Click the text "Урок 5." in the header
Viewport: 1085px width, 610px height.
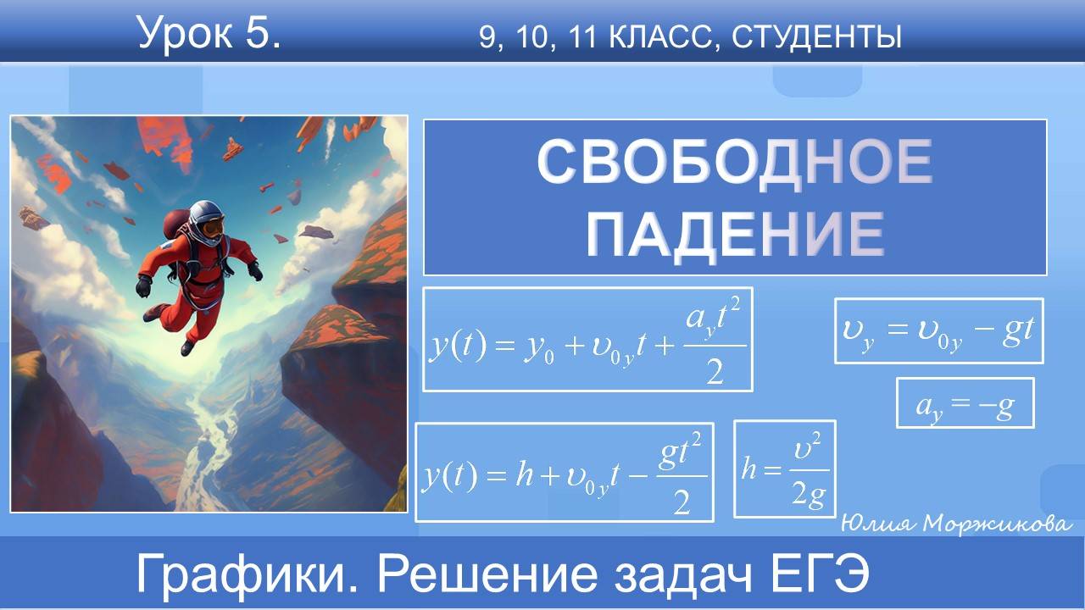(x=209, y=35)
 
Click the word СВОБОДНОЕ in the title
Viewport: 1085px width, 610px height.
(x=734, y=164)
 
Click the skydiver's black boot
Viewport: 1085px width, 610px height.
(x=187, y=347)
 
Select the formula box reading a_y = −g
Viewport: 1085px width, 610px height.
(x=965, y=402)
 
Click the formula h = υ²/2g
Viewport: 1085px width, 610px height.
(x=784, y=469)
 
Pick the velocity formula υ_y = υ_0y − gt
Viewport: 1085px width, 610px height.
(x=938, y=330)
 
